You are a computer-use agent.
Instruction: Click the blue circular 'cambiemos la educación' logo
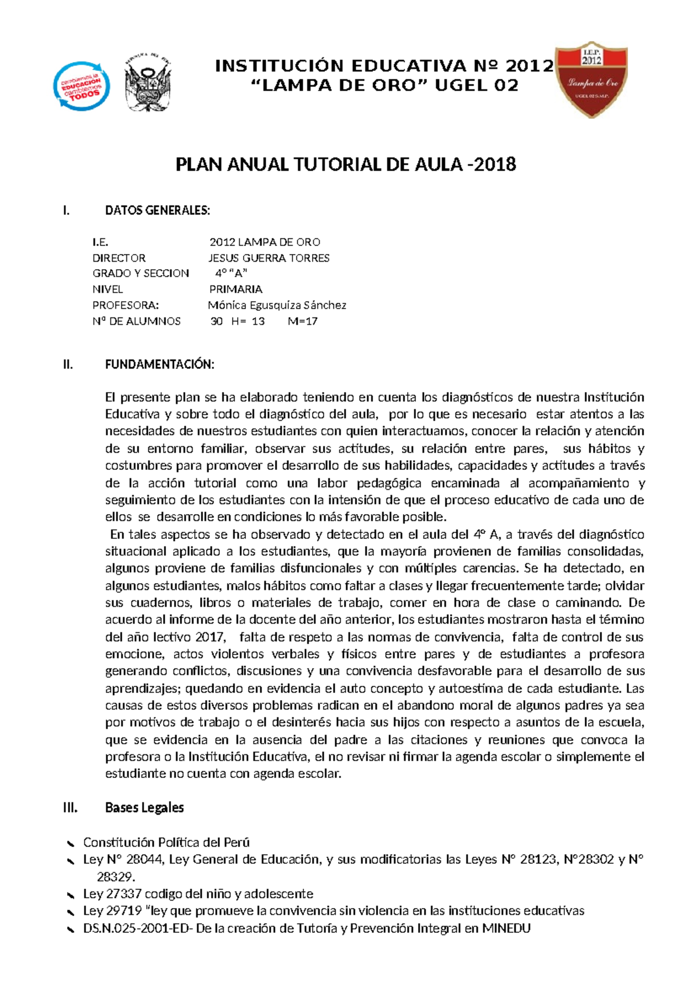pyautogui.click(x=81, y=86)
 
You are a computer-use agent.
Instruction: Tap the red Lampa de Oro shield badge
pyautogui.click(x=592, y=79)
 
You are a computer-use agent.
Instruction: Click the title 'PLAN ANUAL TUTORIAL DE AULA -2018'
pyautogui.click(x=346, y=165)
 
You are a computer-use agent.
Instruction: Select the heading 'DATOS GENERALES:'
pyautogui.click(x=157, y=211)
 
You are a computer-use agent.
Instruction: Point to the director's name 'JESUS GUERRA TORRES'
pyautogui.click(x=269, y=258)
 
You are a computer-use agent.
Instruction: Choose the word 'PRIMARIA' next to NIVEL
pyautogui.click(x=235, y=289)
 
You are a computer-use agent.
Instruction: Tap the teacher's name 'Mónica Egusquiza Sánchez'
pyautogui.click(x=277, y=305)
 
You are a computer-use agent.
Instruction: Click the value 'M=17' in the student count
pyautogui.click(x=303, y=321)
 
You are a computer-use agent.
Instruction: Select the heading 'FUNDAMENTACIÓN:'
pyautogui.click(x=159, y=364)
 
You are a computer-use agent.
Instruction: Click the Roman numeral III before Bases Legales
pyautogui.click(x=70, y=808)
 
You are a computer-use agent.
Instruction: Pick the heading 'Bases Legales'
pyautogui.click(x=144, y=808)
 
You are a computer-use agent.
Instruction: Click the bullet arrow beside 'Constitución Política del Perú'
pyautogui.click(x=70, y=843)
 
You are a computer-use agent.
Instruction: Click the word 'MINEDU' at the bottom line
pyautogui.click(x=506, y=928)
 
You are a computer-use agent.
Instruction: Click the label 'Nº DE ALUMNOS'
pyautogui.click(x=136, y=321)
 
